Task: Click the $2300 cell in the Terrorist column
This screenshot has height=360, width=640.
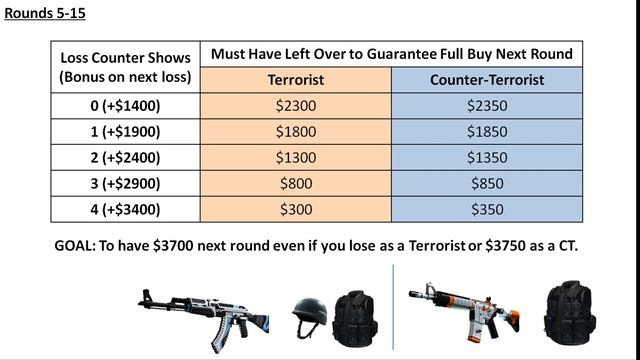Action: click(296, 104)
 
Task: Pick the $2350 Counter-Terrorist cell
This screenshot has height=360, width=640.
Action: click(487, 104)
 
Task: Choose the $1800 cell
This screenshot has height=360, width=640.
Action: click(296, 131)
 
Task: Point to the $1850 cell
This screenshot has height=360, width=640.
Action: click(487, 131)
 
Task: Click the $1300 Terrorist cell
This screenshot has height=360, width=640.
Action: click(296, 157)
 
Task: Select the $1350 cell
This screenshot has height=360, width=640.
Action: click(487, 157)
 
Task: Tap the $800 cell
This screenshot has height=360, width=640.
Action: click(296, 183)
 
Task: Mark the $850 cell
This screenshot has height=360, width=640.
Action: click(487, 183)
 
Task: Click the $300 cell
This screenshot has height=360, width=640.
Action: click(296, 209)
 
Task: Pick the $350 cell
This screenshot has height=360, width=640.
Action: click(487, 209)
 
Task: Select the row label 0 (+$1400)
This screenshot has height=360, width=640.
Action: click(126, 104)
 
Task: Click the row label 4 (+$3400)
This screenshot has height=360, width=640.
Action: click(126, 209)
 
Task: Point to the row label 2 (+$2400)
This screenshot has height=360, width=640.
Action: click(126, 157)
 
